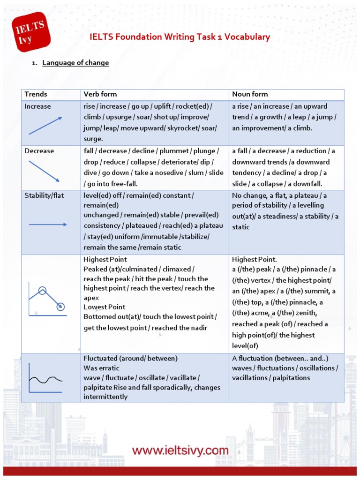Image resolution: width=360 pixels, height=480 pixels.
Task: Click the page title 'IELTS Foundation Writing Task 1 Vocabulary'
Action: coord(180,37)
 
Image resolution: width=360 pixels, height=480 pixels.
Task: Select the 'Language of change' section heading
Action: coord(75,63)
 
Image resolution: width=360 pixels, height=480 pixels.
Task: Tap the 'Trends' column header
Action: coord(36,94)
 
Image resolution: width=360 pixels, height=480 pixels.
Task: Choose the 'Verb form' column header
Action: coord(100,94)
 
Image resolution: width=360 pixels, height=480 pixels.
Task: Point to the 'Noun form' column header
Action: coord(250,94)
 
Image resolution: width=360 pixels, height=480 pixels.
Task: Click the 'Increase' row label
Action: coord(37,106)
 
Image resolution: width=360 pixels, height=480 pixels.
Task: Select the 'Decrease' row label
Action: coord(39,151)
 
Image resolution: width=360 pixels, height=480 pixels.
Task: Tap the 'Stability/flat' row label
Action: coord(45,195)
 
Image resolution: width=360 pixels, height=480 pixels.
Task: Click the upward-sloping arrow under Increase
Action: coord(45,126)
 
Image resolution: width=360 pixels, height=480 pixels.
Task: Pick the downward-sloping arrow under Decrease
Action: coord(44,171)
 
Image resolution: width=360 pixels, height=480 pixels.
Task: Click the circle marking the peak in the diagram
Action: coord(42,290)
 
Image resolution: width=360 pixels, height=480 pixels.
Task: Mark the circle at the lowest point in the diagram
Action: coord(60,307)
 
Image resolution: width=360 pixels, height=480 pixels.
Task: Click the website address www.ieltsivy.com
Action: coord(180,451)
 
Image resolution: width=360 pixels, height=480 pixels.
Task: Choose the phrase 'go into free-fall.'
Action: coord(112,184)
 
